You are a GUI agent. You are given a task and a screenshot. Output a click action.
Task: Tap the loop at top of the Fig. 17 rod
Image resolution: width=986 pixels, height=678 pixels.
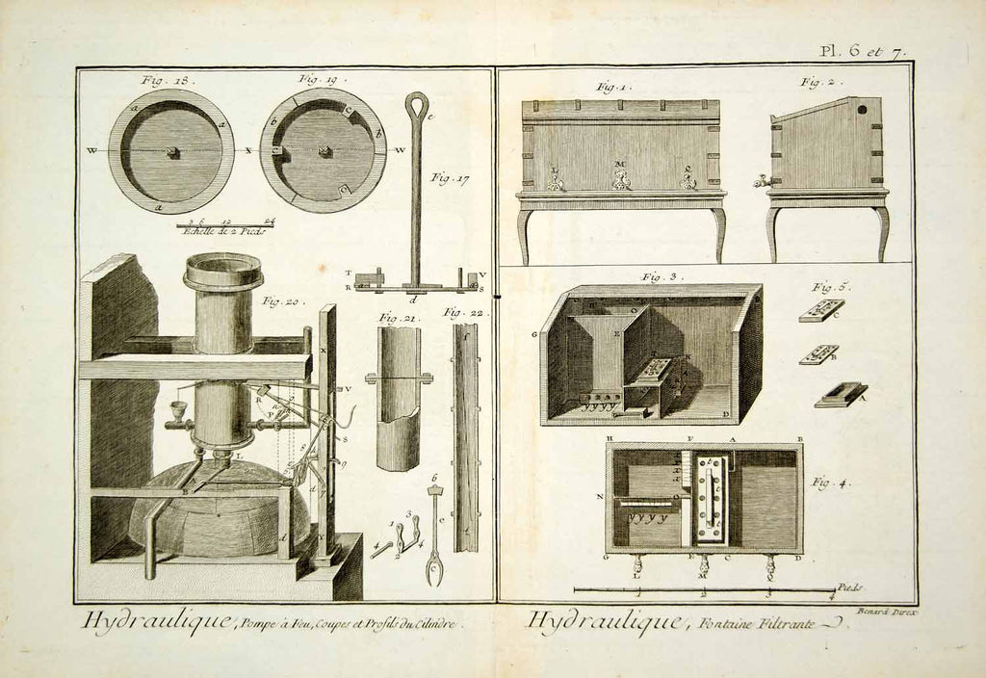[416, 105]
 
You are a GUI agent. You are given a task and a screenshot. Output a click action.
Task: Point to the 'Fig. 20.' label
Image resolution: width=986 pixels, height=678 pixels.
[281, 302]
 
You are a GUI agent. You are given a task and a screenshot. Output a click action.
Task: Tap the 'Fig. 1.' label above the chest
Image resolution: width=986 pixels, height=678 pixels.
[612, 88]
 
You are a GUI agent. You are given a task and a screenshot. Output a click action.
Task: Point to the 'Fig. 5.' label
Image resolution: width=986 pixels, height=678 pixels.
[830, 286]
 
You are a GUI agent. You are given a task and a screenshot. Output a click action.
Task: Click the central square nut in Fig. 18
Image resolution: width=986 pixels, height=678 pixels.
[171, 152]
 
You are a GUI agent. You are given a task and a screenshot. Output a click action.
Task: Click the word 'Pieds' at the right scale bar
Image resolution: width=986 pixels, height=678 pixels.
[848, 586]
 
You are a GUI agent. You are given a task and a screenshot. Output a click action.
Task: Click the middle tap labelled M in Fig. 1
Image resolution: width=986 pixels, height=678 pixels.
[621, 179]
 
